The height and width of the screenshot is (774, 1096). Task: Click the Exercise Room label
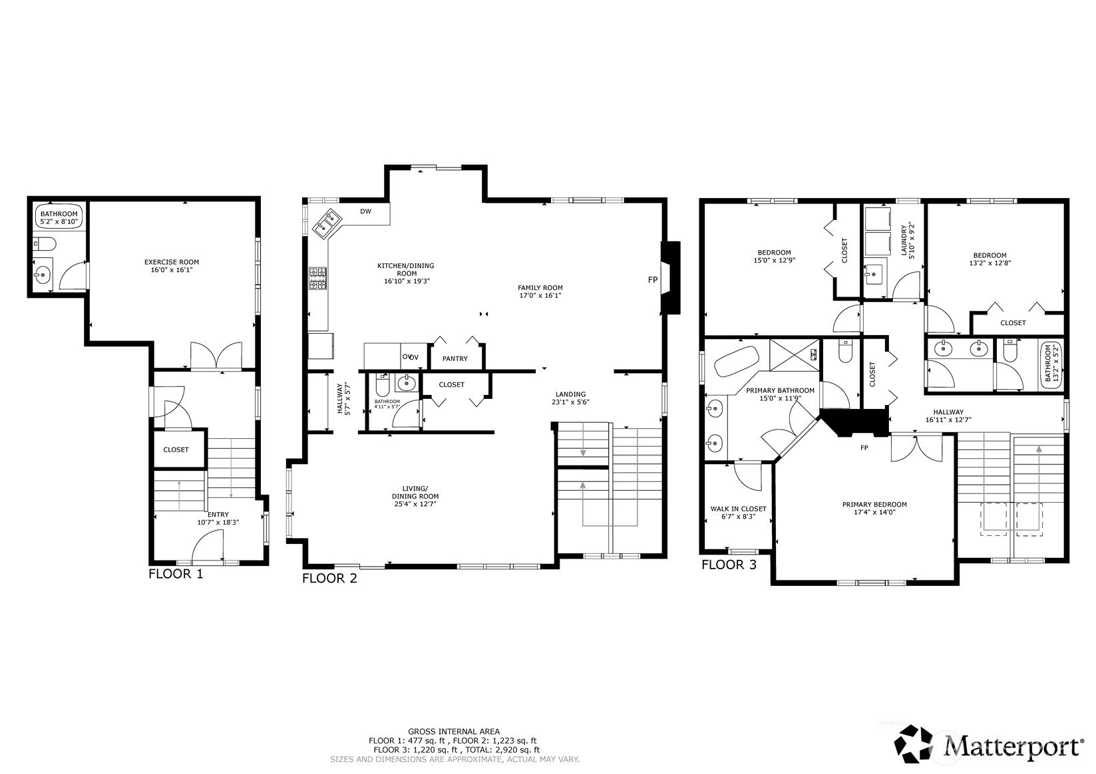[x=172, y=262]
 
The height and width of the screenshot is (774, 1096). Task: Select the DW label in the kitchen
[x=365, y=211]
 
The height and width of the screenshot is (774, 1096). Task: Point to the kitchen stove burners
[x=317, y=278]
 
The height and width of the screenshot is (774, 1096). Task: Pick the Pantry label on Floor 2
[x=455, y=358]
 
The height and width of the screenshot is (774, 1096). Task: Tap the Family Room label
[x=540, y=288]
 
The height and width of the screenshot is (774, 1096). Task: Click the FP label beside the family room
[x=653, y=280]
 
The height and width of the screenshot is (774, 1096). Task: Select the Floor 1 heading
[x=176, y=574]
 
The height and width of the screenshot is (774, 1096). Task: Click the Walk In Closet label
[x=739, y=509]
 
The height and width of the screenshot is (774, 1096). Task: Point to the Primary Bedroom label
[x=874, y=505]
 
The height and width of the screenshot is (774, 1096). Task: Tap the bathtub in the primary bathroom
[x=736, y=361]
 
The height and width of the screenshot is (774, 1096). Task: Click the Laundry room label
[x=904, y=240]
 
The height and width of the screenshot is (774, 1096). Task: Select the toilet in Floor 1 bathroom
[x=45, y=243]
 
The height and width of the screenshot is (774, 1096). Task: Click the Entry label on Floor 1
[x=218, y=515]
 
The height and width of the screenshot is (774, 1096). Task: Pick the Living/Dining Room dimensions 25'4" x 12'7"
[x=415, y=503]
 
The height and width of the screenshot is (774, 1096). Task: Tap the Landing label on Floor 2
[x=570, y=394]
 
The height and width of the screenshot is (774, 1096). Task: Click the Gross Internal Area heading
[x=454, y=731]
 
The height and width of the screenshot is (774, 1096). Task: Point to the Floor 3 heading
[x=729, y=565]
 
